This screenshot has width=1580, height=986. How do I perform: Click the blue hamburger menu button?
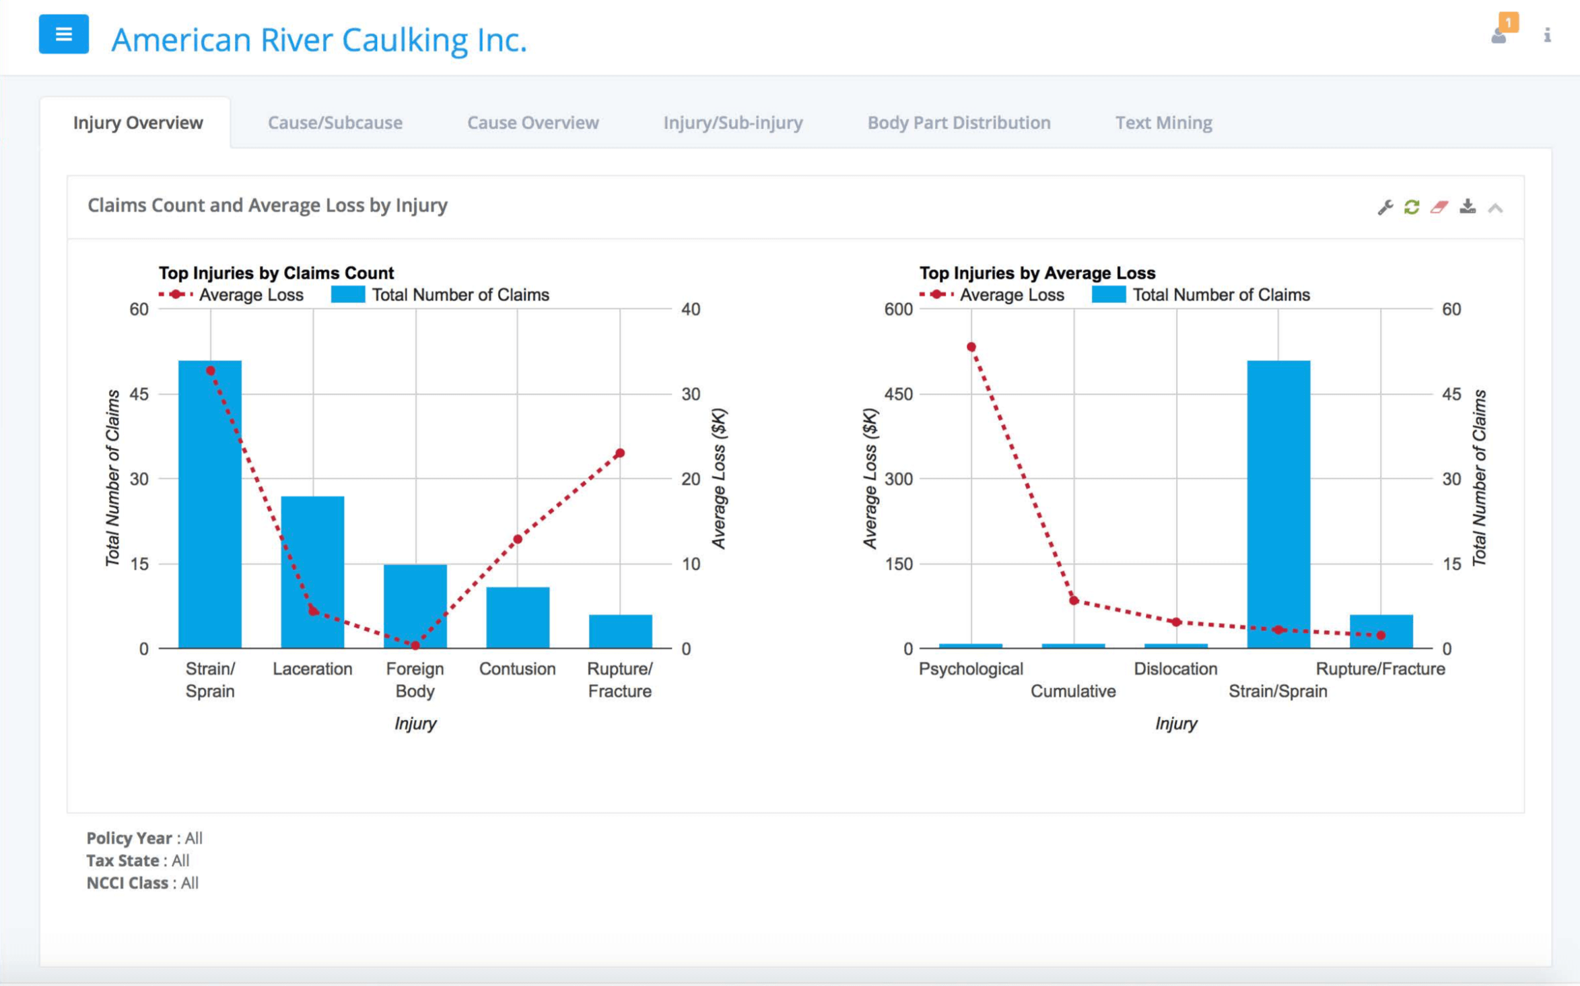point(63,34)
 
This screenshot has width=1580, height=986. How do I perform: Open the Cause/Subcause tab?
point(335,123)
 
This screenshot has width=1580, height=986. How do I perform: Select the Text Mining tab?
point(1163,123)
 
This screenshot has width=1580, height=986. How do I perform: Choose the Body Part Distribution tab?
point(958,123)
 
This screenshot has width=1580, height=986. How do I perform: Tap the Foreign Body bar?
point(415,606)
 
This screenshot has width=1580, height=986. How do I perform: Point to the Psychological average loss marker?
point(971,347)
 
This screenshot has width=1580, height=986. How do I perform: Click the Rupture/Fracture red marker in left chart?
point(620,453)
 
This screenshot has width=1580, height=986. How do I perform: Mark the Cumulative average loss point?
point(1074,600)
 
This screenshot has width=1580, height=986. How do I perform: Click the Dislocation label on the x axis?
point(1175,669)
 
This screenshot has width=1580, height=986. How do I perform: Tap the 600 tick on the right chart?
point(898,309)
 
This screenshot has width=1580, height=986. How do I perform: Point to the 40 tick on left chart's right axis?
point(691,309)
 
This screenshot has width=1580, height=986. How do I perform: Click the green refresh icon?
point(1412,207)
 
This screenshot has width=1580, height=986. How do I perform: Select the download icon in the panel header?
point(1468,207)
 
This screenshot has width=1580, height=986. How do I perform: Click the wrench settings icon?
point(1385,207)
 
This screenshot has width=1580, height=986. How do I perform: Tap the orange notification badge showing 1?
point(1508,22)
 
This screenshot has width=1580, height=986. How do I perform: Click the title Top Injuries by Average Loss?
point(1037,273)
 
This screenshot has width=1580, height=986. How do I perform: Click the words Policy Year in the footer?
point(129,838)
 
